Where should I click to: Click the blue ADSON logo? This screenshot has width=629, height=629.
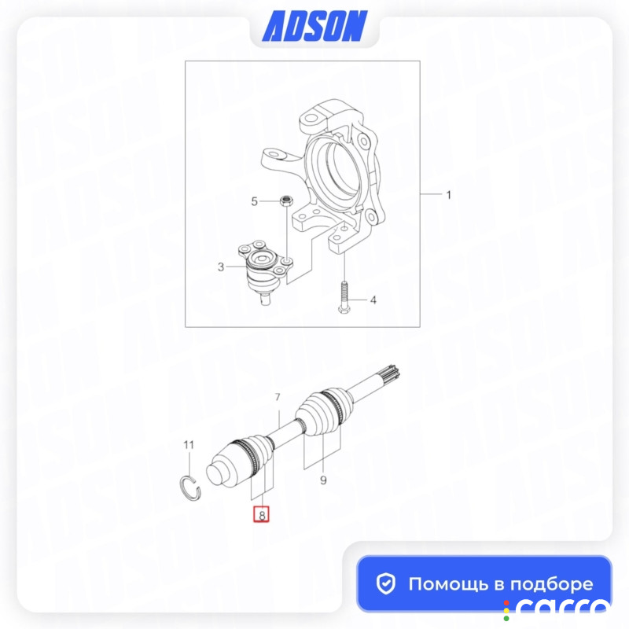(x=314, y=26)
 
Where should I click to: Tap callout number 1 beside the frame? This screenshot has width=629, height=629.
(x=448, y=195)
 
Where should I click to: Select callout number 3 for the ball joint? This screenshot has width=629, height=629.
(x=221, y=267)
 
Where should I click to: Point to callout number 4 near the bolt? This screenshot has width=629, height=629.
(x=373, y=300)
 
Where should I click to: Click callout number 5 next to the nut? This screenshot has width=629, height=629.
(x=254, y=201)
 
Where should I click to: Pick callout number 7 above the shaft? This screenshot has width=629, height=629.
(x=278, y=398)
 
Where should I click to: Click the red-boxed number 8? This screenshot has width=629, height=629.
(x=262, y=515)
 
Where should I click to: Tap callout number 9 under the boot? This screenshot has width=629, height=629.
(x=323, y=480)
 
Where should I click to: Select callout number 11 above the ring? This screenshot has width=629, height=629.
(x=189, y=445)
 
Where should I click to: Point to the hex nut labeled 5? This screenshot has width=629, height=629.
(x=286, y=200)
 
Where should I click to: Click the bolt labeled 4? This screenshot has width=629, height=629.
(x=344, y=297)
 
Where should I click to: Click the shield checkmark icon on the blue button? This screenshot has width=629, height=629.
(x=386, y=583)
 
